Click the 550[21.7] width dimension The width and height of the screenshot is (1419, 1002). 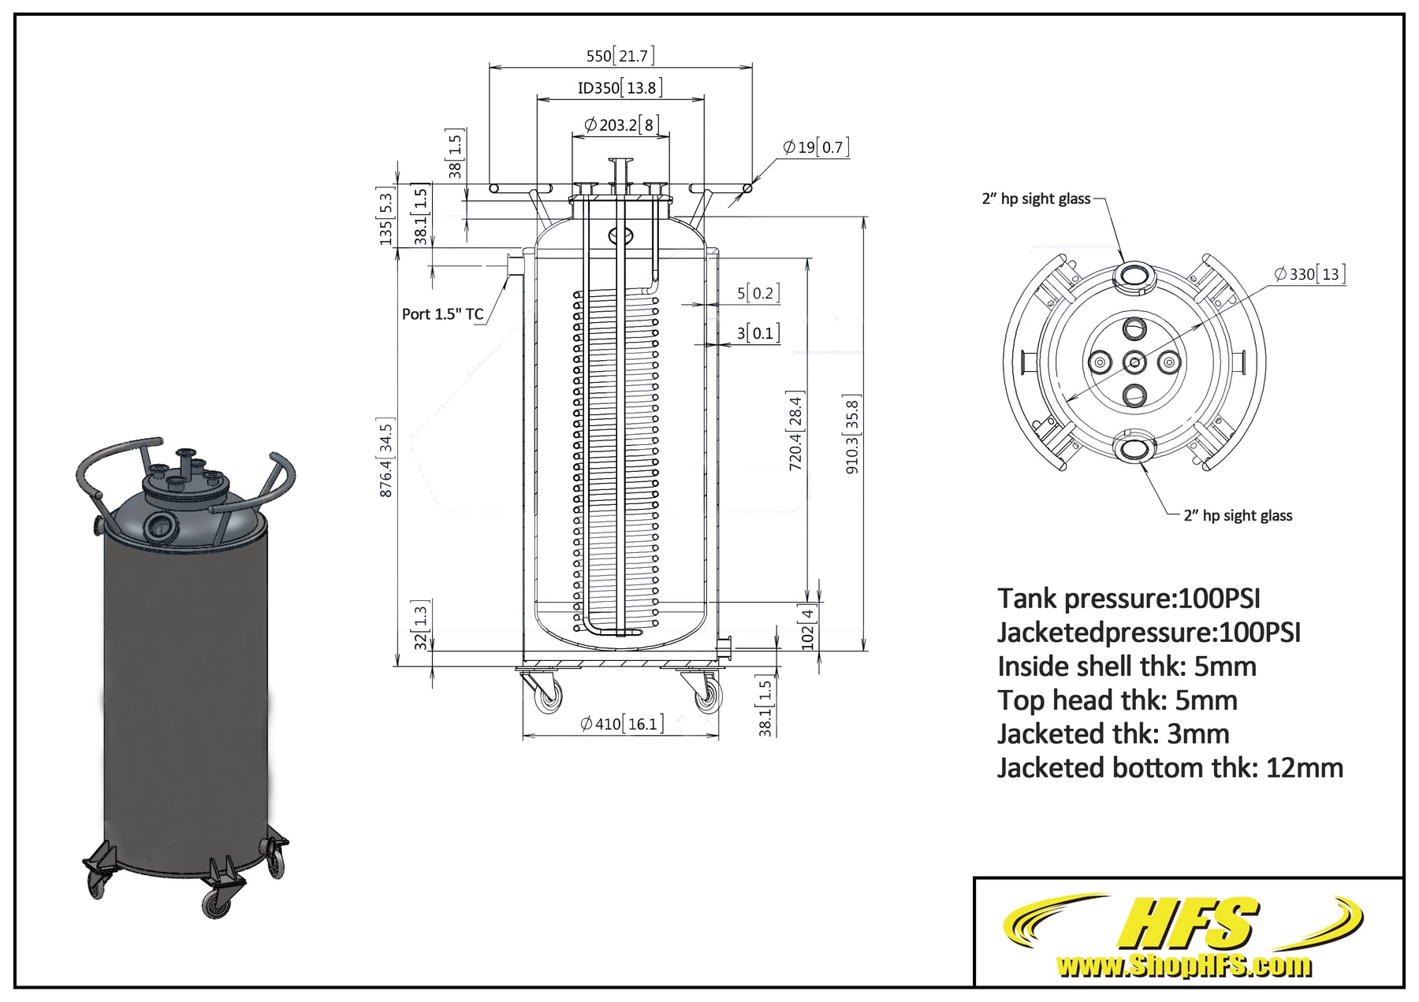click(x=620, y=56)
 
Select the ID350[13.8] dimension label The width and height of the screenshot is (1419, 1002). click(x=620, y=87)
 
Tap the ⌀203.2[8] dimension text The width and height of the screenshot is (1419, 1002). click(x=621, y=124)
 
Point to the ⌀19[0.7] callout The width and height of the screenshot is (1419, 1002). click(x=816, y=147)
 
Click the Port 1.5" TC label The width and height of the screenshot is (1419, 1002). click(x=442, y=314)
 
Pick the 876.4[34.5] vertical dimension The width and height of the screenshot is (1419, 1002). click(x=386, y=457)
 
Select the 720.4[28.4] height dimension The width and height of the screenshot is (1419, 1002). click(x=795, y=431)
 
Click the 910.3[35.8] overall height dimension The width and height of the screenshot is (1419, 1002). click(x=852, y=433)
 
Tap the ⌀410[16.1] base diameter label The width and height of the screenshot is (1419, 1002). click(x=621, y=723)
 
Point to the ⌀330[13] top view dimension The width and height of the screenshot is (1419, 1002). click(x=1309, y=274)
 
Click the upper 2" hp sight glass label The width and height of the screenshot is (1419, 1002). click(x=1036, y=199)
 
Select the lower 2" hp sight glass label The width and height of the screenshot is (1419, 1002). click(x=1238, y=516)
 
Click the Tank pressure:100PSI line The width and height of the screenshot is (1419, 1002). click(x=1129, y=599)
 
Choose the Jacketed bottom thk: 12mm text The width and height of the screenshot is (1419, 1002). click(x=1170, y=767)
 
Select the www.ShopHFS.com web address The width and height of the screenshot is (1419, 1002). click(x=1183, y=965)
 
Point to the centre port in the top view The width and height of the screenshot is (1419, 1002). click(x=1134, y=362)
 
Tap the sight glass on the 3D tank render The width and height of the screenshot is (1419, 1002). click(x=163, y=523)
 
